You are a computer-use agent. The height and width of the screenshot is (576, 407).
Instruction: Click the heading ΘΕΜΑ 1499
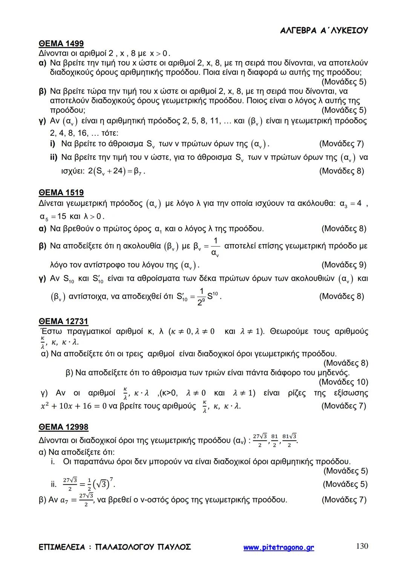(x=61, y=44)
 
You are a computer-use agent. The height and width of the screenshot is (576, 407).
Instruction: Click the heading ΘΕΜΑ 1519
(x=61, y=193)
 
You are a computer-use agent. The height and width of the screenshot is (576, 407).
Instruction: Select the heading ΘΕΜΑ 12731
(x=63, y=321)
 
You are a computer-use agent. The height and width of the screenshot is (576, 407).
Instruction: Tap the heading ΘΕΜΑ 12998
(x=63, y=427)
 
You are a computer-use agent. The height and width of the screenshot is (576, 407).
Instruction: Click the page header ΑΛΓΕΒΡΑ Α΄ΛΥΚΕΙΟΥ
(x=324, y=31)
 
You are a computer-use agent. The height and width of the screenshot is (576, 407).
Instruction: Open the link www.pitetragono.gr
(x=278, y=547)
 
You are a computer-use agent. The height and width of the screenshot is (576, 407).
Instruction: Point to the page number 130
(x=362, y=546)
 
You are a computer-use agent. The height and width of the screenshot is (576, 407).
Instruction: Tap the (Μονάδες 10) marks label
(x=343, y=382)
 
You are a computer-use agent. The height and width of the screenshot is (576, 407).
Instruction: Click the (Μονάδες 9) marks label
(x=344, y=265)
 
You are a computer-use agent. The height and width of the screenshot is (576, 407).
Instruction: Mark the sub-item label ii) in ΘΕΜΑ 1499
(x=54, y=157)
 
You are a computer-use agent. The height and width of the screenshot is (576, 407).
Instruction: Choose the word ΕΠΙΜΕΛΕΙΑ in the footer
(x=62, y=547)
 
